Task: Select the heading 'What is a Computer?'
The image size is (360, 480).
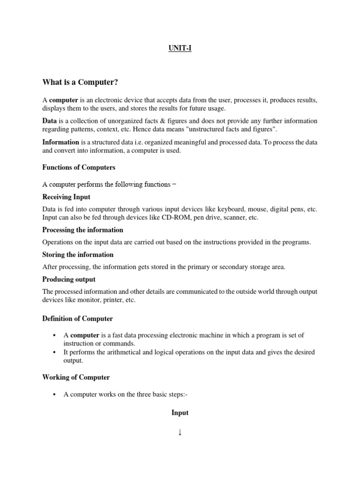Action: tap(80, 82)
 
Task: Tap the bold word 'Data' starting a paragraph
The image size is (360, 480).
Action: tap(49, 121)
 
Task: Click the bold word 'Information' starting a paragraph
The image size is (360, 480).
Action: tap(61, 142)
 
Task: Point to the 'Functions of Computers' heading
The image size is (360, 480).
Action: tap(79, 167)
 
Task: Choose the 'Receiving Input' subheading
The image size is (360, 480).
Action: tap(66, 197)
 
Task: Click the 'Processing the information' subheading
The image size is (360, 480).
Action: tap(82, 230)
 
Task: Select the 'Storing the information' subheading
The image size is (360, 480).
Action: tap(78, 255)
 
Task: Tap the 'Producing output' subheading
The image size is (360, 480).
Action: tap(69, 279)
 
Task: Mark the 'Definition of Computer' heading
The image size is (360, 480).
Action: tap(77, 319)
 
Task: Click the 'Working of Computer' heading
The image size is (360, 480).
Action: tap(76, 377)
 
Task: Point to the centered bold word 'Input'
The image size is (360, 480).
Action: tap(180, 412)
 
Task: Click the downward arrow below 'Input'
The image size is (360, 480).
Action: tap(180, 432)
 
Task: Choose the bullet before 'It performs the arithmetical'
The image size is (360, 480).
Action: tap(55, 352)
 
